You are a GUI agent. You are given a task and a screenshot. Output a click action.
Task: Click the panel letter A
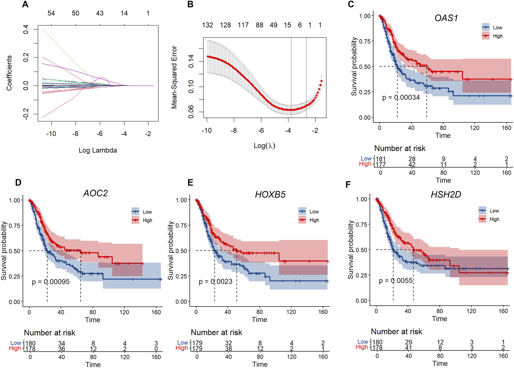click(25, 4)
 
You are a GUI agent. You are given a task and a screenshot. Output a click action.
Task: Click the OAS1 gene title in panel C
click(446, 18)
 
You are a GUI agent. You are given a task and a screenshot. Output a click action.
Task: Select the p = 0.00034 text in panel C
click(401, 98)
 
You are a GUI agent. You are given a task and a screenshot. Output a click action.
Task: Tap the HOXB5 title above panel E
click(270, 194)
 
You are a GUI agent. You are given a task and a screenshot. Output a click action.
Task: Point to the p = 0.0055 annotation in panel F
click(396, 281)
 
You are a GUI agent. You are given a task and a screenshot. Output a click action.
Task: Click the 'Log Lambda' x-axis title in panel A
click(98, 150)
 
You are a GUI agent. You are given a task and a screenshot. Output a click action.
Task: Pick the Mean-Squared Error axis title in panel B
click(174, 77)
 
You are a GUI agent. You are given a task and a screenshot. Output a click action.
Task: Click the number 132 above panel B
click(207, 25)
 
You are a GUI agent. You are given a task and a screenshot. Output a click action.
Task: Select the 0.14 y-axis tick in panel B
click(191, 61)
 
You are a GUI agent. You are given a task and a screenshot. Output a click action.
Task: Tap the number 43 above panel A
click(99, 13)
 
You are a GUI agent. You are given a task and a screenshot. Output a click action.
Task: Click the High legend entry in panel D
click(147, 220)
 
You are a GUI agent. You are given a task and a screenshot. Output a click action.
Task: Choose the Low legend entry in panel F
click(494, 211)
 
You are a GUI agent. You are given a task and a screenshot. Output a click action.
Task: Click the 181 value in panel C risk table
click(380, 159)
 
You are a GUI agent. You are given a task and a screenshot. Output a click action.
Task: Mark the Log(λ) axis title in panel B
click(264, 146)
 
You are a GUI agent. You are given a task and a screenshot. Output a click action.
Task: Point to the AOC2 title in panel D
click(95, 193)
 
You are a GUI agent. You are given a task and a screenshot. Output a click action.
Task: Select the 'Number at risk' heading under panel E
click(216, 332)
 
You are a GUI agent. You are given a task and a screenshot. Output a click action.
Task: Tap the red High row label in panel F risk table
click(362, 347)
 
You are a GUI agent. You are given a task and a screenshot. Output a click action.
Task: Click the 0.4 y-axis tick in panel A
click(26, 29)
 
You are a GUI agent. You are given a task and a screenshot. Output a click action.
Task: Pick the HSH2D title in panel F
click(446, 194)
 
